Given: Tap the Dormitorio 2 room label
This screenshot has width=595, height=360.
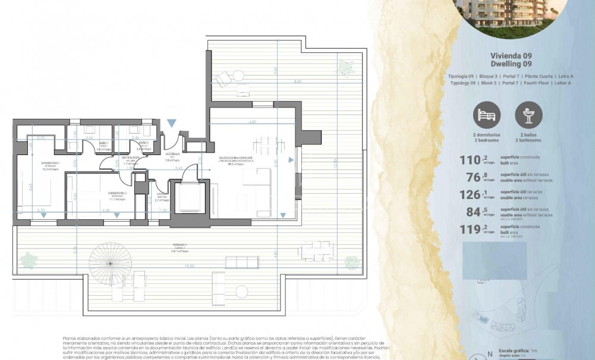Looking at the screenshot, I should (117, 194).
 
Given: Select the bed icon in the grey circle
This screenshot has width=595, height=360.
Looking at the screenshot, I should (487, 115).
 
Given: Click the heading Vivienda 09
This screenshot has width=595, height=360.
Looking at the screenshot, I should (511, 56).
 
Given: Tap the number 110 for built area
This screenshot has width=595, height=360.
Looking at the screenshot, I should (470, 159).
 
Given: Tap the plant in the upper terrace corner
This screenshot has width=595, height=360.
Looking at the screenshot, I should (344, 65).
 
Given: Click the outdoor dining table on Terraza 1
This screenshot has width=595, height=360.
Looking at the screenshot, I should (315, 251).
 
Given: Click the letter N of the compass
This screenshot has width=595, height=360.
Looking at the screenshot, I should (489, 354).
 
